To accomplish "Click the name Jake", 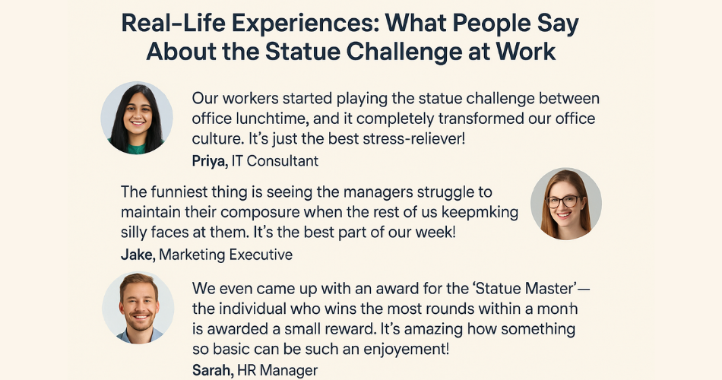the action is click(x=138, y=255).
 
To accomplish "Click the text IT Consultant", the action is click(x=275, y=161).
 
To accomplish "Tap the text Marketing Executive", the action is click(x=226, y=255).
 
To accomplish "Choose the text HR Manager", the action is click(x=277, y=370).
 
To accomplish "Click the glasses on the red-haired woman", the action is click(x=563, y=201).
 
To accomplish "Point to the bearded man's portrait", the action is click(x=138, y=308).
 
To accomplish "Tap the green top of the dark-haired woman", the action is click(x=136, y=148).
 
